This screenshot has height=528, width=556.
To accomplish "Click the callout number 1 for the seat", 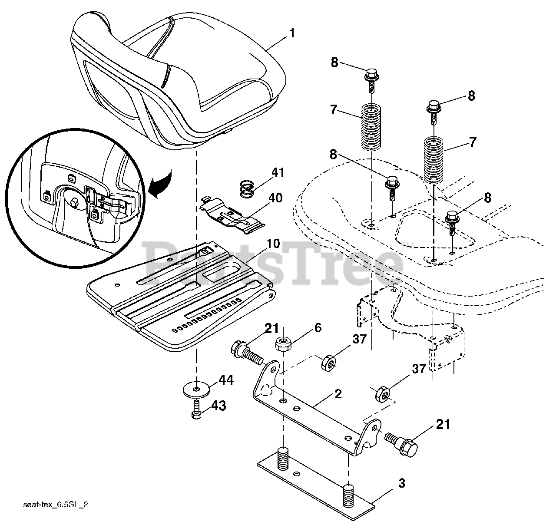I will coord(291,33).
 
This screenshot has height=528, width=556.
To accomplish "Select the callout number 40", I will coord(275,198).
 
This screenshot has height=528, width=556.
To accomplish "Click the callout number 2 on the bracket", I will coord(338,394).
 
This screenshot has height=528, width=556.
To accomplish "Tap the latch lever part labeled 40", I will coord(232,213).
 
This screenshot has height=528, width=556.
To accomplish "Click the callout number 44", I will coord(226,381).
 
